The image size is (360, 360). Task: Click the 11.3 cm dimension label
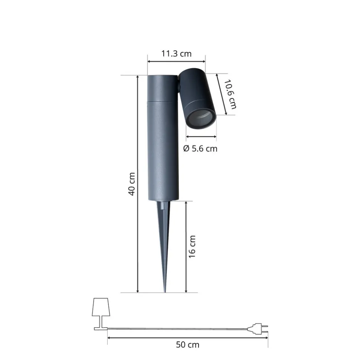pos(176,54)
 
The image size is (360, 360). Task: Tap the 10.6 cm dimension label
pos(230,94)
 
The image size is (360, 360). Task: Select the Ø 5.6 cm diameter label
pos(200,149)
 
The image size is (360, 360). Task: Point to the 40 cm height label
pos(131,184)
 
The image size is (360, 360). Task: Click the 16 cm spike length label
pos(192,247)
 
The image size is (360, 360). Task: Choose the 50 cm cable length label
pos(187,345)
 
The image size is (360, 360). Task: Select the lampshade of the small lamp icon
pos(101,307)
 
